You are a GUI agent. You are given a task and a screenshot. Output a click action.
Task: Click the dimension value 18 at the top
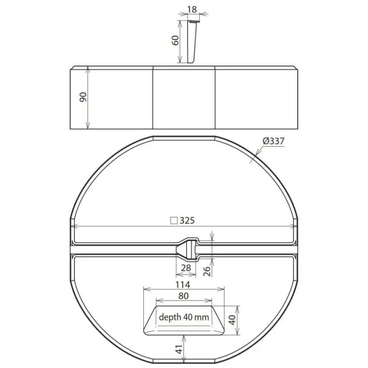click(192, 10)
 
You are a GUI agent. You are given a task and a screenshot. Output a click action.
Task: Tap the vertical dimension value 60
click(175, 40)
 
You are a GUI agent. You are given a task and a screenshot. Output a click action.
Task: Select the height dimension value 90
click(83, 97)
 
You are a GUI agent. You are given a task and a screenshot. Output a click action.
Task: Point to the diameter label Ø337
click(274, 141)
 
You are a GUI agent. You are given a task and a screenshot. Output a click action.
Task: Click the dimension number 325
click(187, 221)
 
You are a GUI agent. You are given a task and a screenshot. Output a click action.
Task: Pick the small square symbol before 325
click(174, 221)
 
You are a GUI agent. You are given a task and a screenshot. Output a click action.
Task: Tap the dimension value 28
click(186, 268)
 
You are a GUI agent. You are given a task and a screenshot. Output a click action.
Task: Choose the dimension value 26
click(207, 271)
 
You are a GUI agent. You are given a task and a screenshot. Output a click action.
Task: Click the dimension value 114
click(183, 285)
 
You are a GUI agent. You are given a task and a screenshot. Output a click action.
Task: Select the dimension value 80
click(183, 296)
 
